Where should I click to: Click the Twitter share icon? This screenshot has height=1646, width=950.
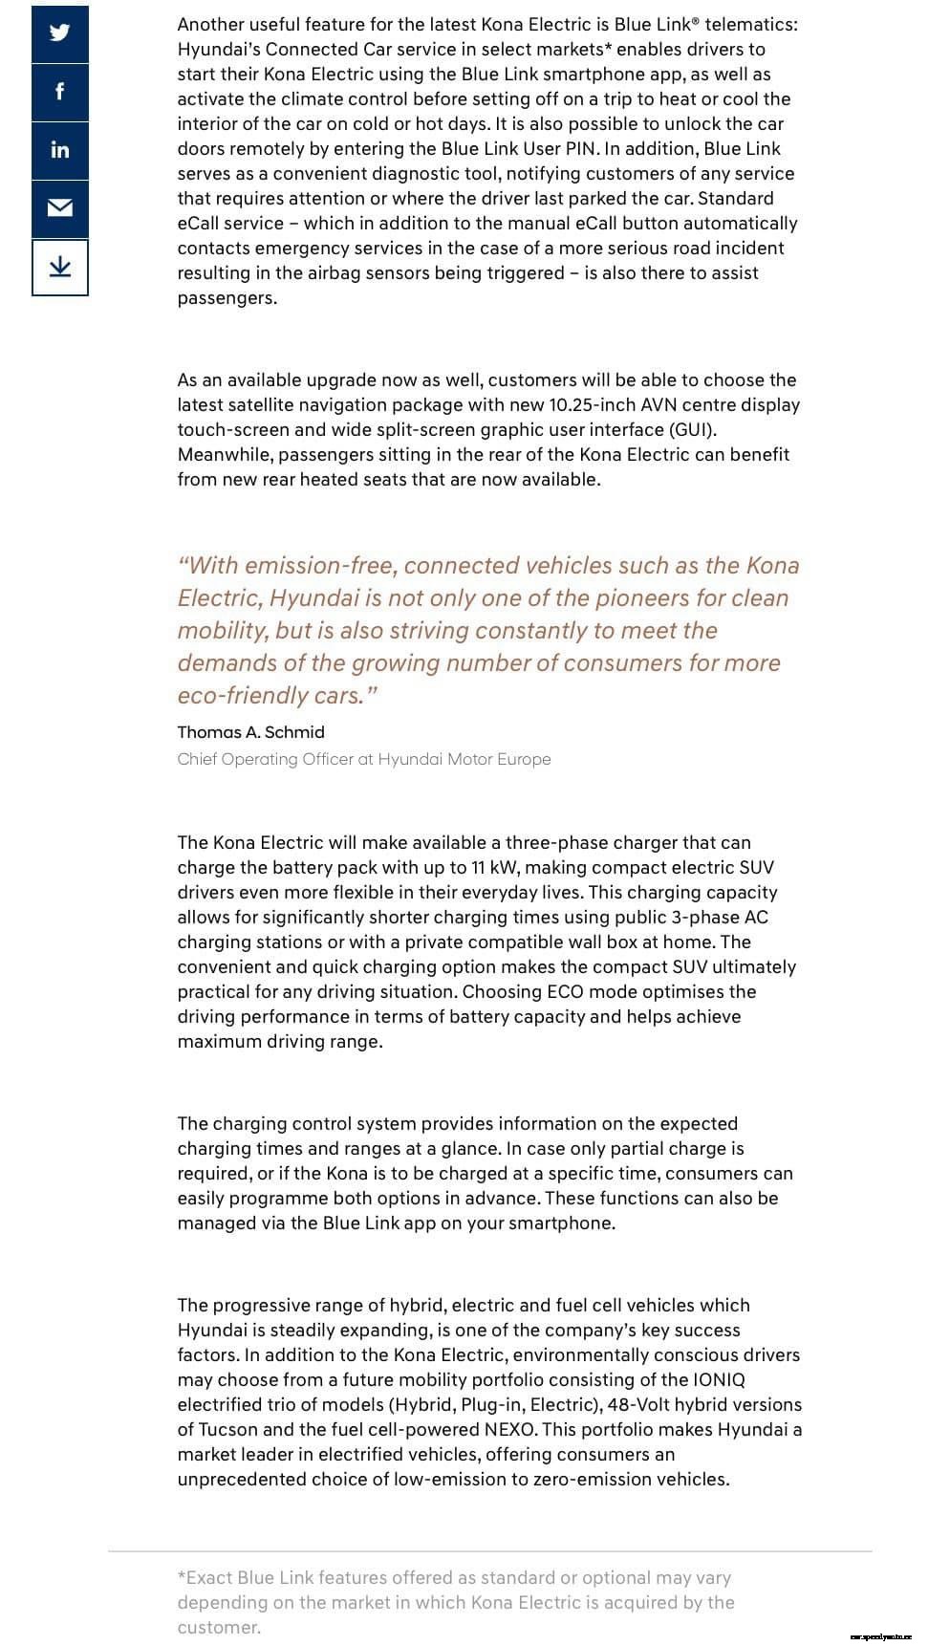(60, 33)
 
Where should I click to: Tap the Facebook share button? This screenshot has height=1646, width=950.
(60, 92)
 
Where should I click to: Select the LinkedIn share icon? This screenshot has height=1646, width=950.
(60, 150)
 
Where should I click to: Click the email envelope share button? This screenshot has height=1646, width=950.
(60, 208)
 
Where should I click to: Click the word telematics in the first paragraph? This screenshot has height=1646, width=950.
(751, 25)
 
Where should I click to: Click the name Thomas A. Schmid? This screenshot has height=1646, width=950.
(250, 732)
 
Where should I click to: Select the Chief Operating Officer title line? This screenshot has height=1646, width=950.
(363, 759)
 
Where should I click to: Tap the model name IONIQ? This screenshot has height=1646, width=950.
(717, 1380)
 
